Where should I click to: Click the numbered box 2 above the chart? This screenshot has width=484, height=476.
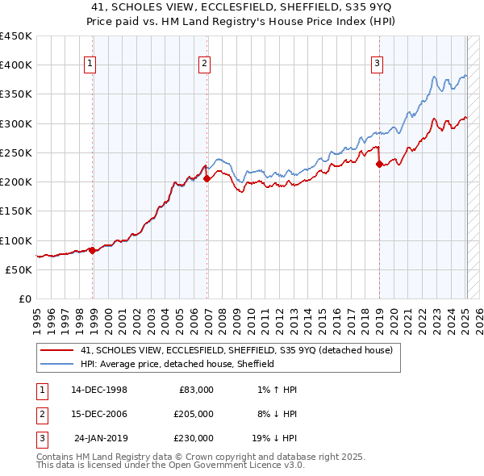(x=205, y=65)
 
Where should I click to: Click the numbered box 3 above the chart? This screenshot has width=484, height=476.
(x=377, y=65)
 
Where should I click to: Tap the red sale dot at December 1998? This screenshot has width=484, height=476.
(x=92, y=250)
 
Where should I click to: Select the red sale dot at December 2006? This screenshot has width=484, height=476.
(x=207, y=178)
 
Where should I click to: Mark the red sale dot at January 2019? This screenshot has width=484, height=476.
(x=379, y=164)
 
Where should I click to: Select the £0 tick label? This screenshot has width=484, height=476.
(x=24, y=299)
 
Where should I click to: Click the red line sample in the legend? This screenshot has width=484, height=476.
(x=56, y=351)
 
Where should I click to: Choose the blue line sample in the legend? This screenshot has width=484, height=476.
(x=56, y=364)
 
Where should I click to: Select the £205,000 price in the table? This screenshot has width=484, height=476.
(x=194, y=413)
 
